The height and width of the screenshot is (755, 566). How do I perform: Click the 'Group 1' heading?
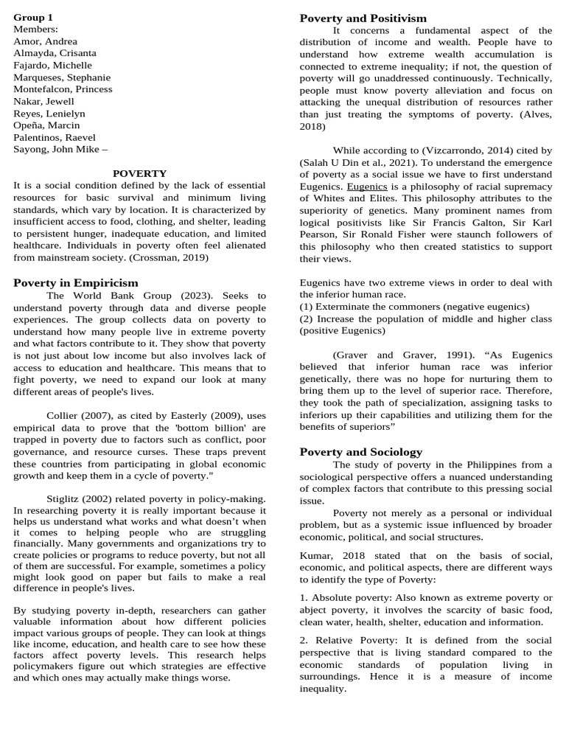click(33, 17)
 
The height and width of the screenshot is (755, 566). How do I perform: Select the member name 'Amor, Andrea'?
click(45, 41)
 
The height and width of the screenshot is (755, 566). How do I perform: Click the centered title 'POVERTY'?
click(139, 173)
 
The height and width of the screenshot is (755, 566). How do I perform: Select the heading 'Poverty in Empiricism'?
click(76, 282)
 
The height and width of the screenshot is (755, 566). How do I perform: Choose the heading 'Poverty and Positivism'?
click(363, 18)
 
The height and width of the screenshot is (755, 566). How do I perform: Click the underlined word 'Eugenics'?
click(367, 187)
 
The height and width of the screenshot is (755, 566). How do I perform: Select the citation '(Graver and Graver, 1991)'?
click(391, 355)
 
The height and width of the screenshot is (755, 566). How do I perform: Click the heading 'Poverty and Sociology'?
click(361, 452)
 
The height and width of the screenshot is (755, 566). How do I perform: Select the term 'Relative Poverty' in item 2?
click(350, 640)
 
